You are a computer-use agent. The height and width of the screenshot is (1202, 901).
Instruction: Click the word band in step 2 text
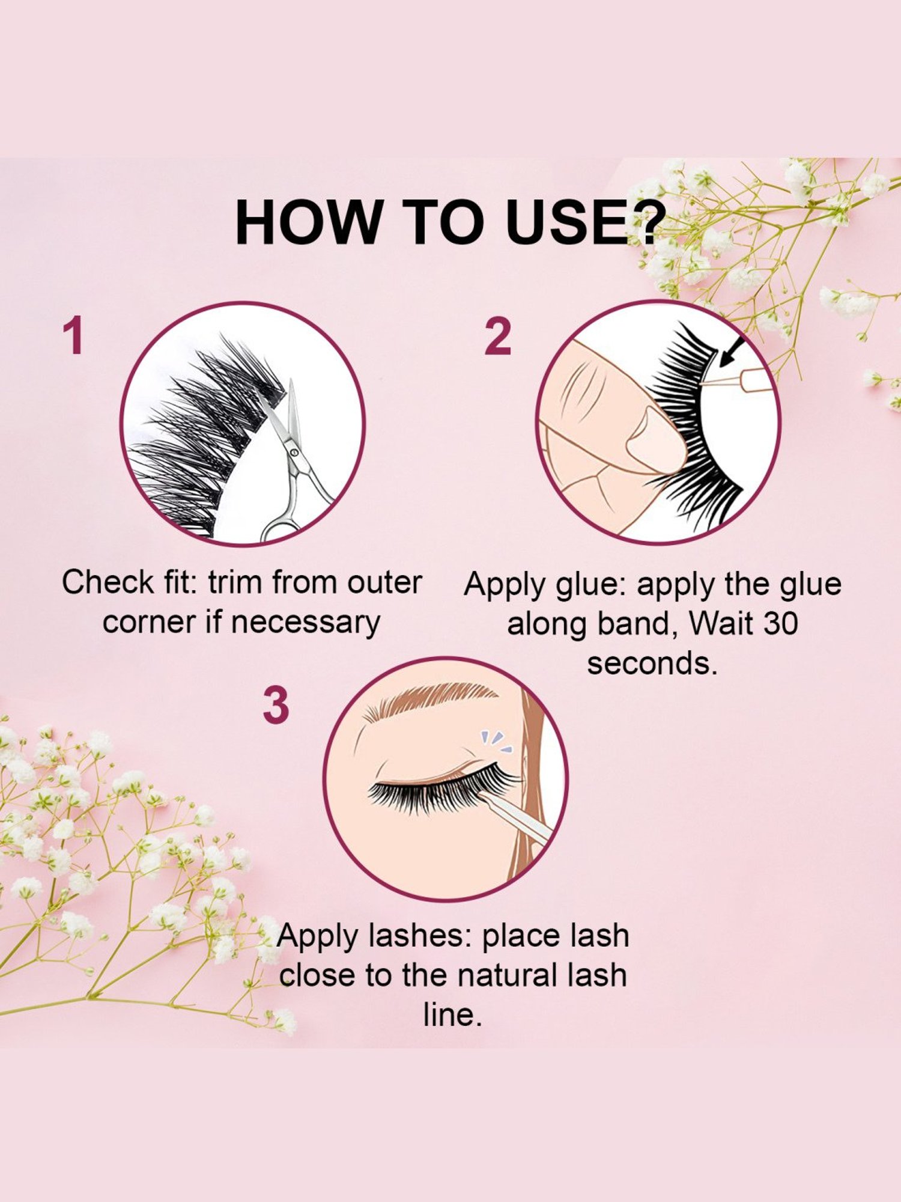(x=633, y=623)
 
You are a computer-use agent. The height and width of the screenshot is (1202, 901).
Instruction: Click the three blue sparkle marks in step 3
(x=496, y=743)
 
